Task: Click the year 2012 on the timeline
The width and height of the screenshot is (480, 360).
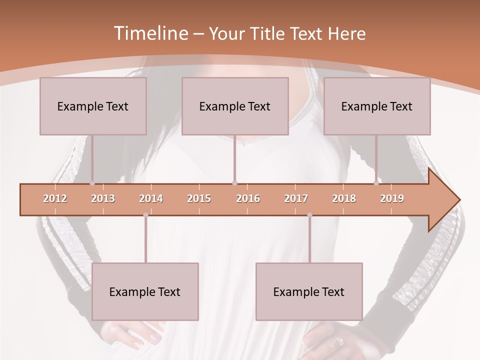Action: click(55, 198)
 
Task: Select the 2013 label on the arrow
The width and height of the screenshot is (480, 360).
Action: click(103, 198)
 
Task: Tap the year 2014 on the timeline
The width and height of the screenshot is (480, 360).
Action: click(151, 198)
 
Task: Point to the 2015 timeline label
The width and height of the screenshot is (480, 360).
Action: click(199, 198)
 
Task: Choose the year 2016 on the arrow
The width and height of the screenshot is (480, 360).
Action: click(248, 198)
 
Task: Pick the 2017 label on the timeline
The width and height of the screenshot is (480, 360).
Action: click(296, 198)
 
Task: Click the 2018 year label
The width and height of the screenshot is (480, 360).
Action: click(344, 198)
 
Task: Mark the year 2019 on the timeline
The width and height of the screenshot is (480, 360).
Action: click(392, 198)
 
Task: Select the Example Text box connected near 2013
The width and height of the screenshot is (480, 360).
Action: click(93, 106)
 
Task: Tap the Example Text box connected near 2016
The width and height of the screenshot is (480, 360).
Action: click(235, 106)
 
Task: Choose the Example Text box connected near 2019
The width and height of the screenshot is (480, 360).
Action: click(377, 106)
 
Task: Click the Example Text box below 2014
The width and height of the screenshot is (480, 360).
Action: click(145, 291)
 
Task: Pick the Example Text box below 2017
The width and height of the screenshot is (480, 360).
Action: click(309, 291)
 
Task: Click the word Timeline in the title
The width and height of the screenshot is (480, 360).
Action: click(150, 33)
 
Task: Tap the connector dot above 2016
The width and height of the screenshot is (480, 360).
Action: click(235, 183)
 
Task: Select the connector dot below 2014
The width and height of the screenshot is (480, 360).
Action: click(145, 215)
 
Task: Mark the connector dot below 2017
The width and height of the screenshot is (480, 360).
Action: click(309, 215)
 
